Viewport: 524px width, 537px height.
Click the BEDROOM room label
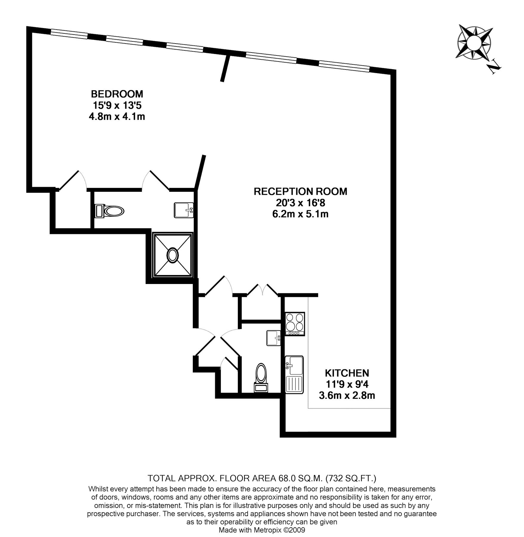click(x=117, y=94)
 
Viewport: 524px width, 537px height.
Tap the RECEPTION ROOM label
click(x=300, y=191)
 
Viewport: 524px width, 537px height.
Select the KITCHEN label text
click(x=347, y=373)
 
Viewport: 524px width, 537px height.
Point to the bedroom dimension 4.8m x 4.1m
click(x=117, y=116)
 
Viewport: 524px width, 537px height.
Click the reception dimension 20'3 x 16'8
click(x=300, y=203)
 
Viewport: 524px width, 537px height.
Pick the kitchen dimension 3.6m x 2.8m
click(x=347, y=396)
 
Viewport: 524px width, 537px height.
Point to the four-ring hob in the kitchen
click(x=295, y=324)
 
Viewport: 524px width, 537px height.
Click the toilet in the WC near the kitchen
click(x=261, y=378)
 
